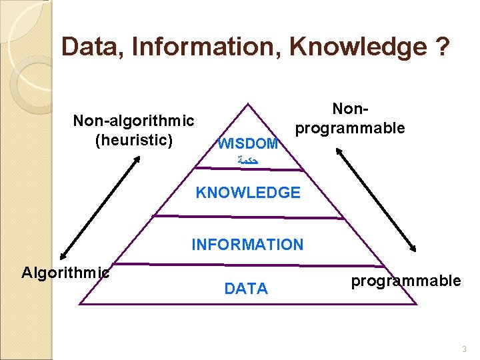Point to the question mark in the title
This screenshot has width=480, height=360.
(x=441, y=47)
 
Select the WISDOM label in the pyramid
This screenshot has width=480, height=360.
(x=248, y=143)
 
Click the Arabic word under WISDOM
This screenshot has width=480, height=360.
(x=247, y=161)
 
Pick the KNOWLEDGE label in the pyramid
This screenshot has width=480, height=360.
(x=248, y=193)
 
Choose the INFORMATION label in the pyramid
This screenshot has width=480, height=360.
(x=247, y=245)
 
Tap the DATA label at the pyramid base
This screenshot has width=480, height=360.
(x=247, y=289)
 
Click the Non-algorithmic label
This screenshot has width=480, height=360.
(x=133, y=121)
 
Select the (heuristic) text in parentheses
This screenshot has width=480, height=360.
(x=133, y=139)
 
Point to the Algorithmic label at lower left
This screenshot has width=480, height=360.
(x=65, y=272)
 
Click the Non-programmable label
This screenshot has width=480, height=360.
(x=350, y=119)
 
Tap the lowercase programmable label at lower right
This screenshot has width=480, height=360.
(x=406, y=281)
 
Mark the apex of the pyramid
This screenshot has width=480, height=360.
(x=248, y=103)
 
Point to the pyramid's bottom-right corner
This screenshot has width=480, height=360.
(x=416, y=304)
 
